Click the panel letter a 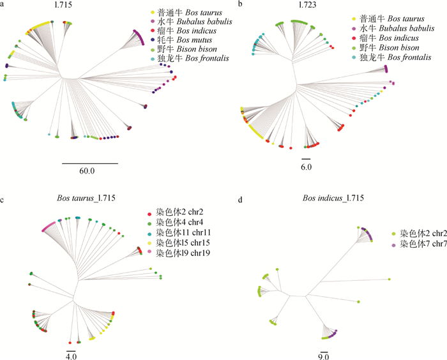4,4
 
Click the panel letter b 239,4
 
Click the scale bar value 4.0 71,356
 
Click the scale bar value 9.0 324,356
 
